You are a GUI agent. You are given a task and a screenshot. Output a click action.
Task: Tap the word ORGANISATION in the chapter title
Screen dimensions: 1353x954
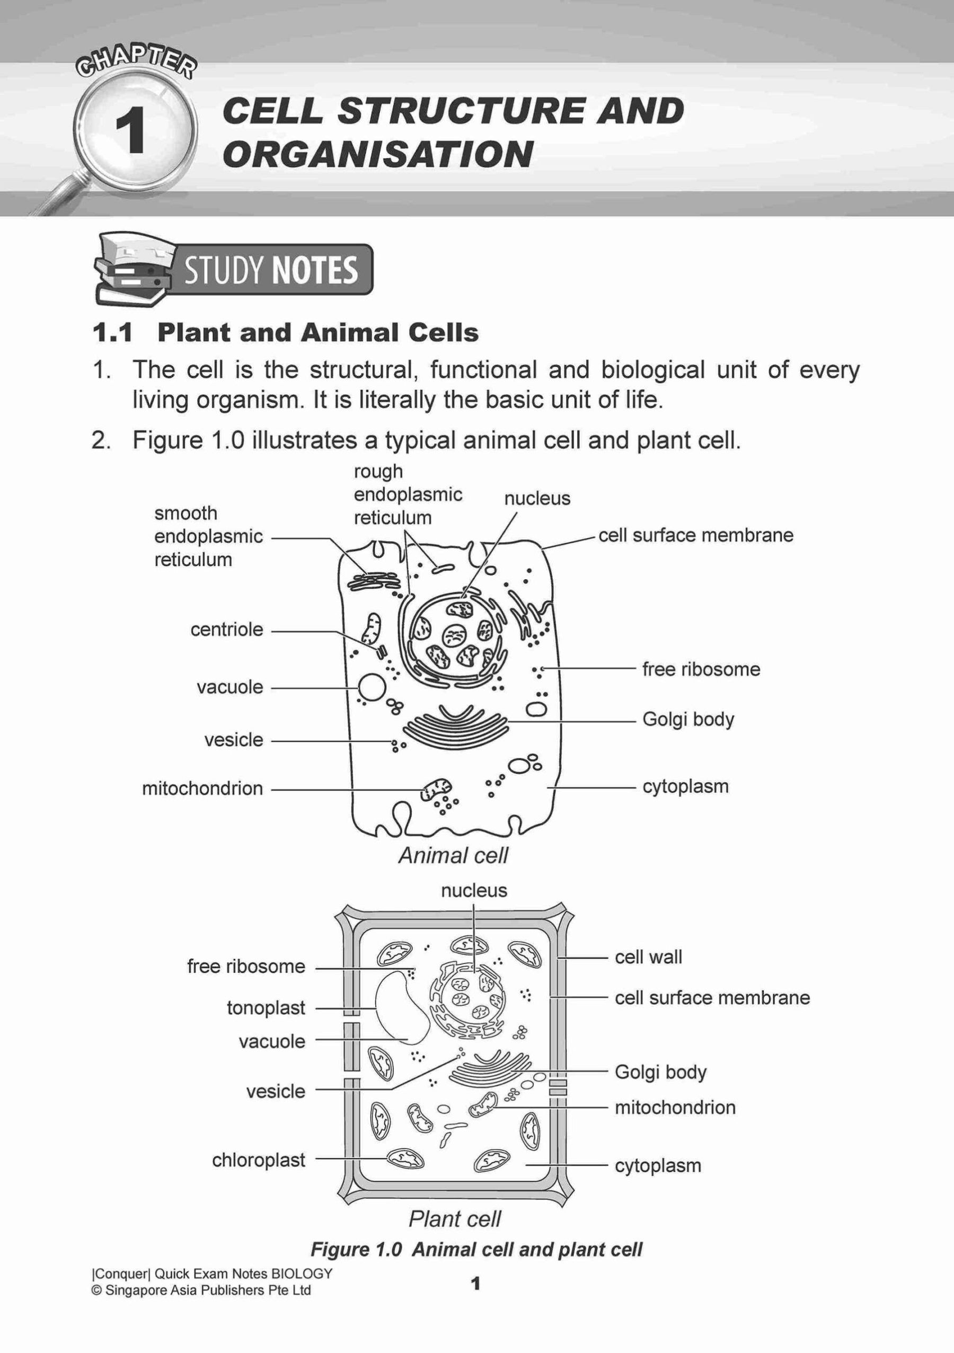378,154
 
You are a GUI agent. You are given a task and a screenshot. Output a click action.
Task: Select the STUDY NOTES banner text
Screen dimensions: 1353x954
270,270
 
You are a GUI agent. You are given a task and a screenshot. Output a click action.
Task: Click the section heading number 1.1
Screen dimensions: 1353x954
112,333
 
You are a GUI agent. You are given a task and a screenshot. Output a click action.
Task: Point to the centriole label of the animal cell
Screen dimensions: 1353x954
226,630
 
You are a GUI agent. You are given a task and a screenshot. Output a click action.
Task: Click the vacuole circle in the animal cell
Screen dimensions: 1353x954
371,687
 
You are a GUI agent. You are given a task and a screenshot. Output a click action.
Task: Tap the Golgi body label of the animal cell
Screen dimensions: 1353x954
687,720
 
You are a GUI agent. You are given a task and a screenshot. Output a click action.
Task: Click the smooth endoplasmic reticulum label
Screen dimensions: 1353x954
208,536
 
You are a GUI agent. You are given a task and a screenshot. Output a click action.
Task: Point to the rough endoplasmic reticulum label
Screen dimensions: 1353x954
407,494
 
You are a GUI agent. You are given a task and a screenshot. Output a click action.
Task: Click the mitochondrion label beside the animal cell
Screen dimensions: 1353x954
202,789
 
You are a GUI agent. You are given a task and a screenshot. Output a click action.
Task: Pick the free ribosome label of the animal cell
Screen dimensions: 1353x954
701,669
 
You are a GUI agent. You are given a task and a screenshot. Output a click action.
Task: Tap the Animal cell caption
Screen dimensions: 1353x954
453,856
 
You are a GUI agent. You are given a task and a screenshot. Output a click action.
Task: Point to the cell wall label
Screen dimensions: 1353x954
648,957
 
